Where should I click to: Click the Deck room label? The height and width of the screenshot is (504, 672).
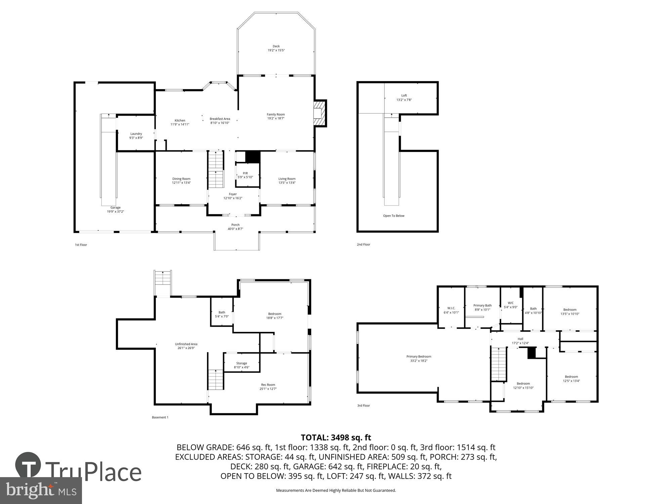tap(276, 46)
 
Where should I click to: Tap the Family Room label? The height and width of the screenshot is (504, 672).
tap(276, 115)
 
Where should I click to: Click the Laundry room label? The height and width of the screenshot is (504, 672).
tap(136, 134)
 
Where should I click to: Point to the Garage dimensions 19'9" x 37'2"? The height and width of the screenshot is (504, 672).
tap(115, 212)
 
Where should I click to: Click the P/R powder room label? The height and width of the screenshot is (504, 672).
tap(245, 173)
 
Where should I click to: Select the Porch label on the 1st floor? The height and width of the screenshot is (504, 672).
tap(235, 225)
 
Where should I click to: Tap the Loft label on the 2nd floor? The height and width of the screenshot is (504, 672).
tap(404, 95)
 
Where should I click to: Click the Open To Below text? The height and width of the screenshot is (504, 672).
tap(393, 216)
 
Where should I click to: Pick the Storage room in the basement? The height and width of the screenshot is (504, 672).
tap(242, 364)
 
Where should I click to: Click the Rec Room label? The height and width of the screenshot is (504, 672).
tap(268, 385)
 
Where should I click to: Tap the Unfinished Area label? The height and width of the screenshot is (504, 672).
tap(186, 344)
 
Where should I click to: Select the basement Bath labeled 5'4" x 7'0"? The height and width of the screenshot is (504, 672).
tap(222, 312)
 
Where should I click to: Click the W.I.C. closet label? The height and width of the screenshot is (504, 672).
tap(451, 308)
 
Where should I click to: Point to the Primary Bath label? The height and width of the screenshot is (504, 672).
tap(482, 305)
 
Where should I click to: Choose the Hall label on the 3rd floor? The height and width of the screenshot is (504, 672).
tap(520, 339)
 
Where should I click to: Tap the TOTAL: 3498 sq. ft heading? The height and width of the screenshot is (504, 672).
tap(336, 437)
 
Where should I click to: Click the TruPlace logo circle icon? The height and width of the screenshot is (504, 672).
tap(28, 465)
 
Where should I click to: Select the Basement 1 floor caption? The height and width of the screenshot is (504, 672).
tap(160, 417)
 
